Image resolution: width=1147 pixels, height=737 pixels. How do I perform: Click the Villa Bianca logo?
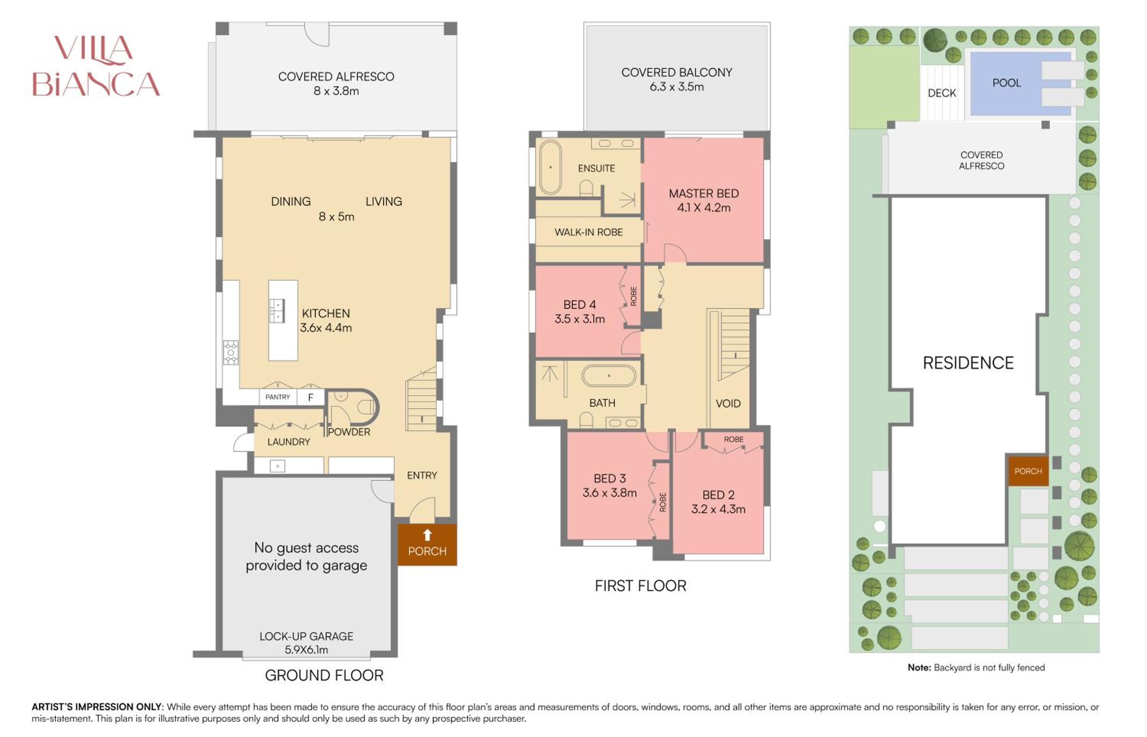pos(96,66)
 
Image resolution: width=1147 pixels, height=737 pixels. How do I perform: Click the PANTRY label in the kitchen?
pos(278,397)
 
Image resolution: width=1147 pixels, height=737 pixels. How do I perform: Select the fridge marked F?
pos(310,397)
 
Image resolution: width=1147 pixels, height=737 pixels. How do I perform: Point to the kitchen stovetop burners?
pos(231,353)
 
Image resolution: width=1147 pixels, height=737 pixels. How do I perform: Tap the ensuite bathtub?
pos(550,167)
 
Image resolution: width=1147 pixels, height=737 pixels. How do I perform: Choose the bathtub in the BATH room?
pos(609,376)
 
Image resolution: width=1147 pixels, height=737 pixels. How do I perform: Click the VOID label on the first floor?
pos(728,403)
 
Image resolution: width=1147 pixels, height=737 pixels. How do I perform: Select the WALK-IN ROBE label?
pos(588,232)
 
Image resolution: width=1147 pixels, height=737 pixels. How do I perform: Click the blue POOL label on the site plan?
pos(1006,83)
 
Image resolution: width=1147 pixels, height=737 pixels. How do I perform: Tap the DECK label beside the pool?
pos(942,93)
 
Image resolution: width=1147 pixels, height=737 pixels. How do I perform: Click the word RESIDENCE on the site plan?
pos(968,363)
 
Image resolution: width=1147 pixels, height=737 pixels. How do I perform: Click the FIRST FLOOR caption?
pos(640,586)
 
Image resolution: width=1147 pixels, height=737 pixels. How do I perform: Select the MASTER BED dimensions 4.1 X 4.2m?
pos(703,208)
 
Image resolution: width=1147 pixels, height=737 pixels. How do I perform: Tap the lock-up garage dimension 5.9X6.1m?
pos(306,650)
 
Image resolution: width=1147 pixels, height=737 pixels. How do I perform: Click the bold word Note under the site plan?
pos(919,667)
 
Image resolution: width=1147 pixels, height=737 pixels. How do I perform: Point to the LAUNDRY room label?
pos(289,442)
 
